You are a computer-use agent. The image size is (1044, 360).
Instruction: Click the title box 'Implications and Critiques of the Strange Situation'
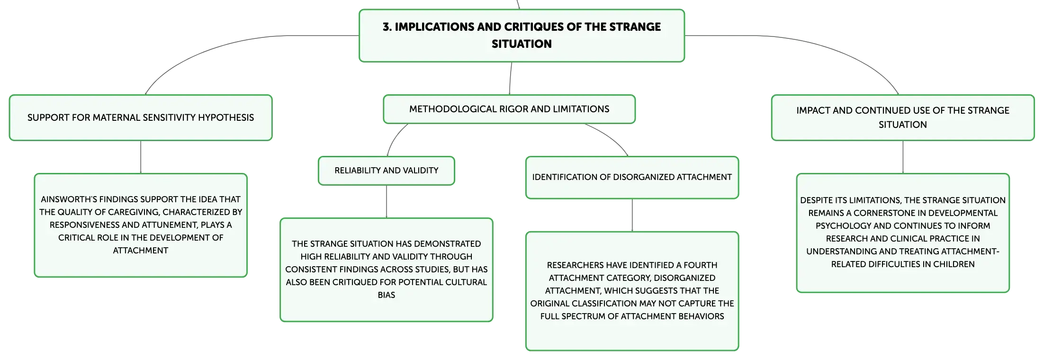(x=522, y=36)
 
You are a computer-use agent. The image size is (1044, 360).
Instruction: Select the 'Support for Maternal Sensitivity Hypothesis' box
(x=141, y=117)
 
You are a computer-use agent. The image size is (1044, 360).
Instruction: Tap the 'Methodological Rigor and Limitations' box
(x=509, y=109)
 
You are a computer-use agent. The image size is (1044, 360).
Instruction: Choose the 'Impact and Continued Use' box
(x=903, y=117)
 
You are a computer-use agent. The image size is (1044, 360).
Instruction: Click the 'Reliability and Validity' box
(x=387, y=171)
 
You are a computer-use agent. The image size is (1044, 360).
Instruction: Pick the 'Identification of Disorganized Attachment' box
(x=632, y=177)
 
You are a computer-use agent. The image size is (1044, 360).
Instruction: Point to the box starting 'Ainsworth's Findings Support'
(x=141, y=225)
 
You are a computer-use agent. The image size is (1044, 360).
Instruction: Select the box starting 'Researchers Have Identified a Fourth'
(x=632, y=291)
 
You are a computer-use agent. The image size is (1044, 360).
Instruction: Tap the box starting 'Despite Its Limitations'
(x=903, y=233)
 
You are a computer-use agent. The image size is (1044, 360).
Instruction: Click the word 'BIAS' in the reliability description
(x=387, y=295)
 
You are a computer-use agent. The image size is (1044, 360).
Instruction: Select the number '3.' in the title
(x=387, y=27)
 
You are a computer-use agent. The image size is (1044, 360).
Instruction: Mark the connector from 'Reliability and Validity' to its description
(x=387, y=201)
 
